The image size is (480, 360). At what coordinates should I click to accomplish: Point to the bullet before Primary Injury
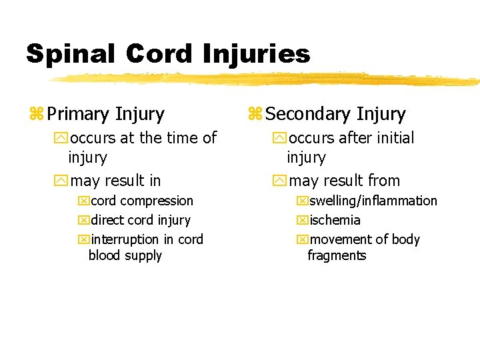(36, 115)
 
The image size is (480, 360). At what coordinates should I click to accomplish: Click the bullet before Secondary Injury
(255, 115)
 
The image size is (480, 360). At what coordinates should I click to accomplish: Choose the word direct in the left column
(107, 220)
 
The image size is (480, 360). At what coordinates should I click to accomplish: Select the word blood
(104, 255)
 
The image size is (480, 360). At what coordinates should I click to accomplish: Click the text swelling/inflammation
(373, 201)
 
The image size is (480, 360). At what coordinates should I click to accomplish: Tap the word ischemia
(335, 220)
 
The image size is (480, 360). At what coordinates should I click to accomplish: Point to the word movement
(339, 239)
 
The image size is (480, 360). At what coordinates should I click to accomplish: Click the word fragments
(337, 255)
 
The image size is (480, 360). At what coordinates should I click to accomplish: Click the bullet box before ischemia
(302, 221)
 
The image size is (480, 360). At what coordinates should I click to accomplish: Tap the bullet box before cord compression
(83, 201)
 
